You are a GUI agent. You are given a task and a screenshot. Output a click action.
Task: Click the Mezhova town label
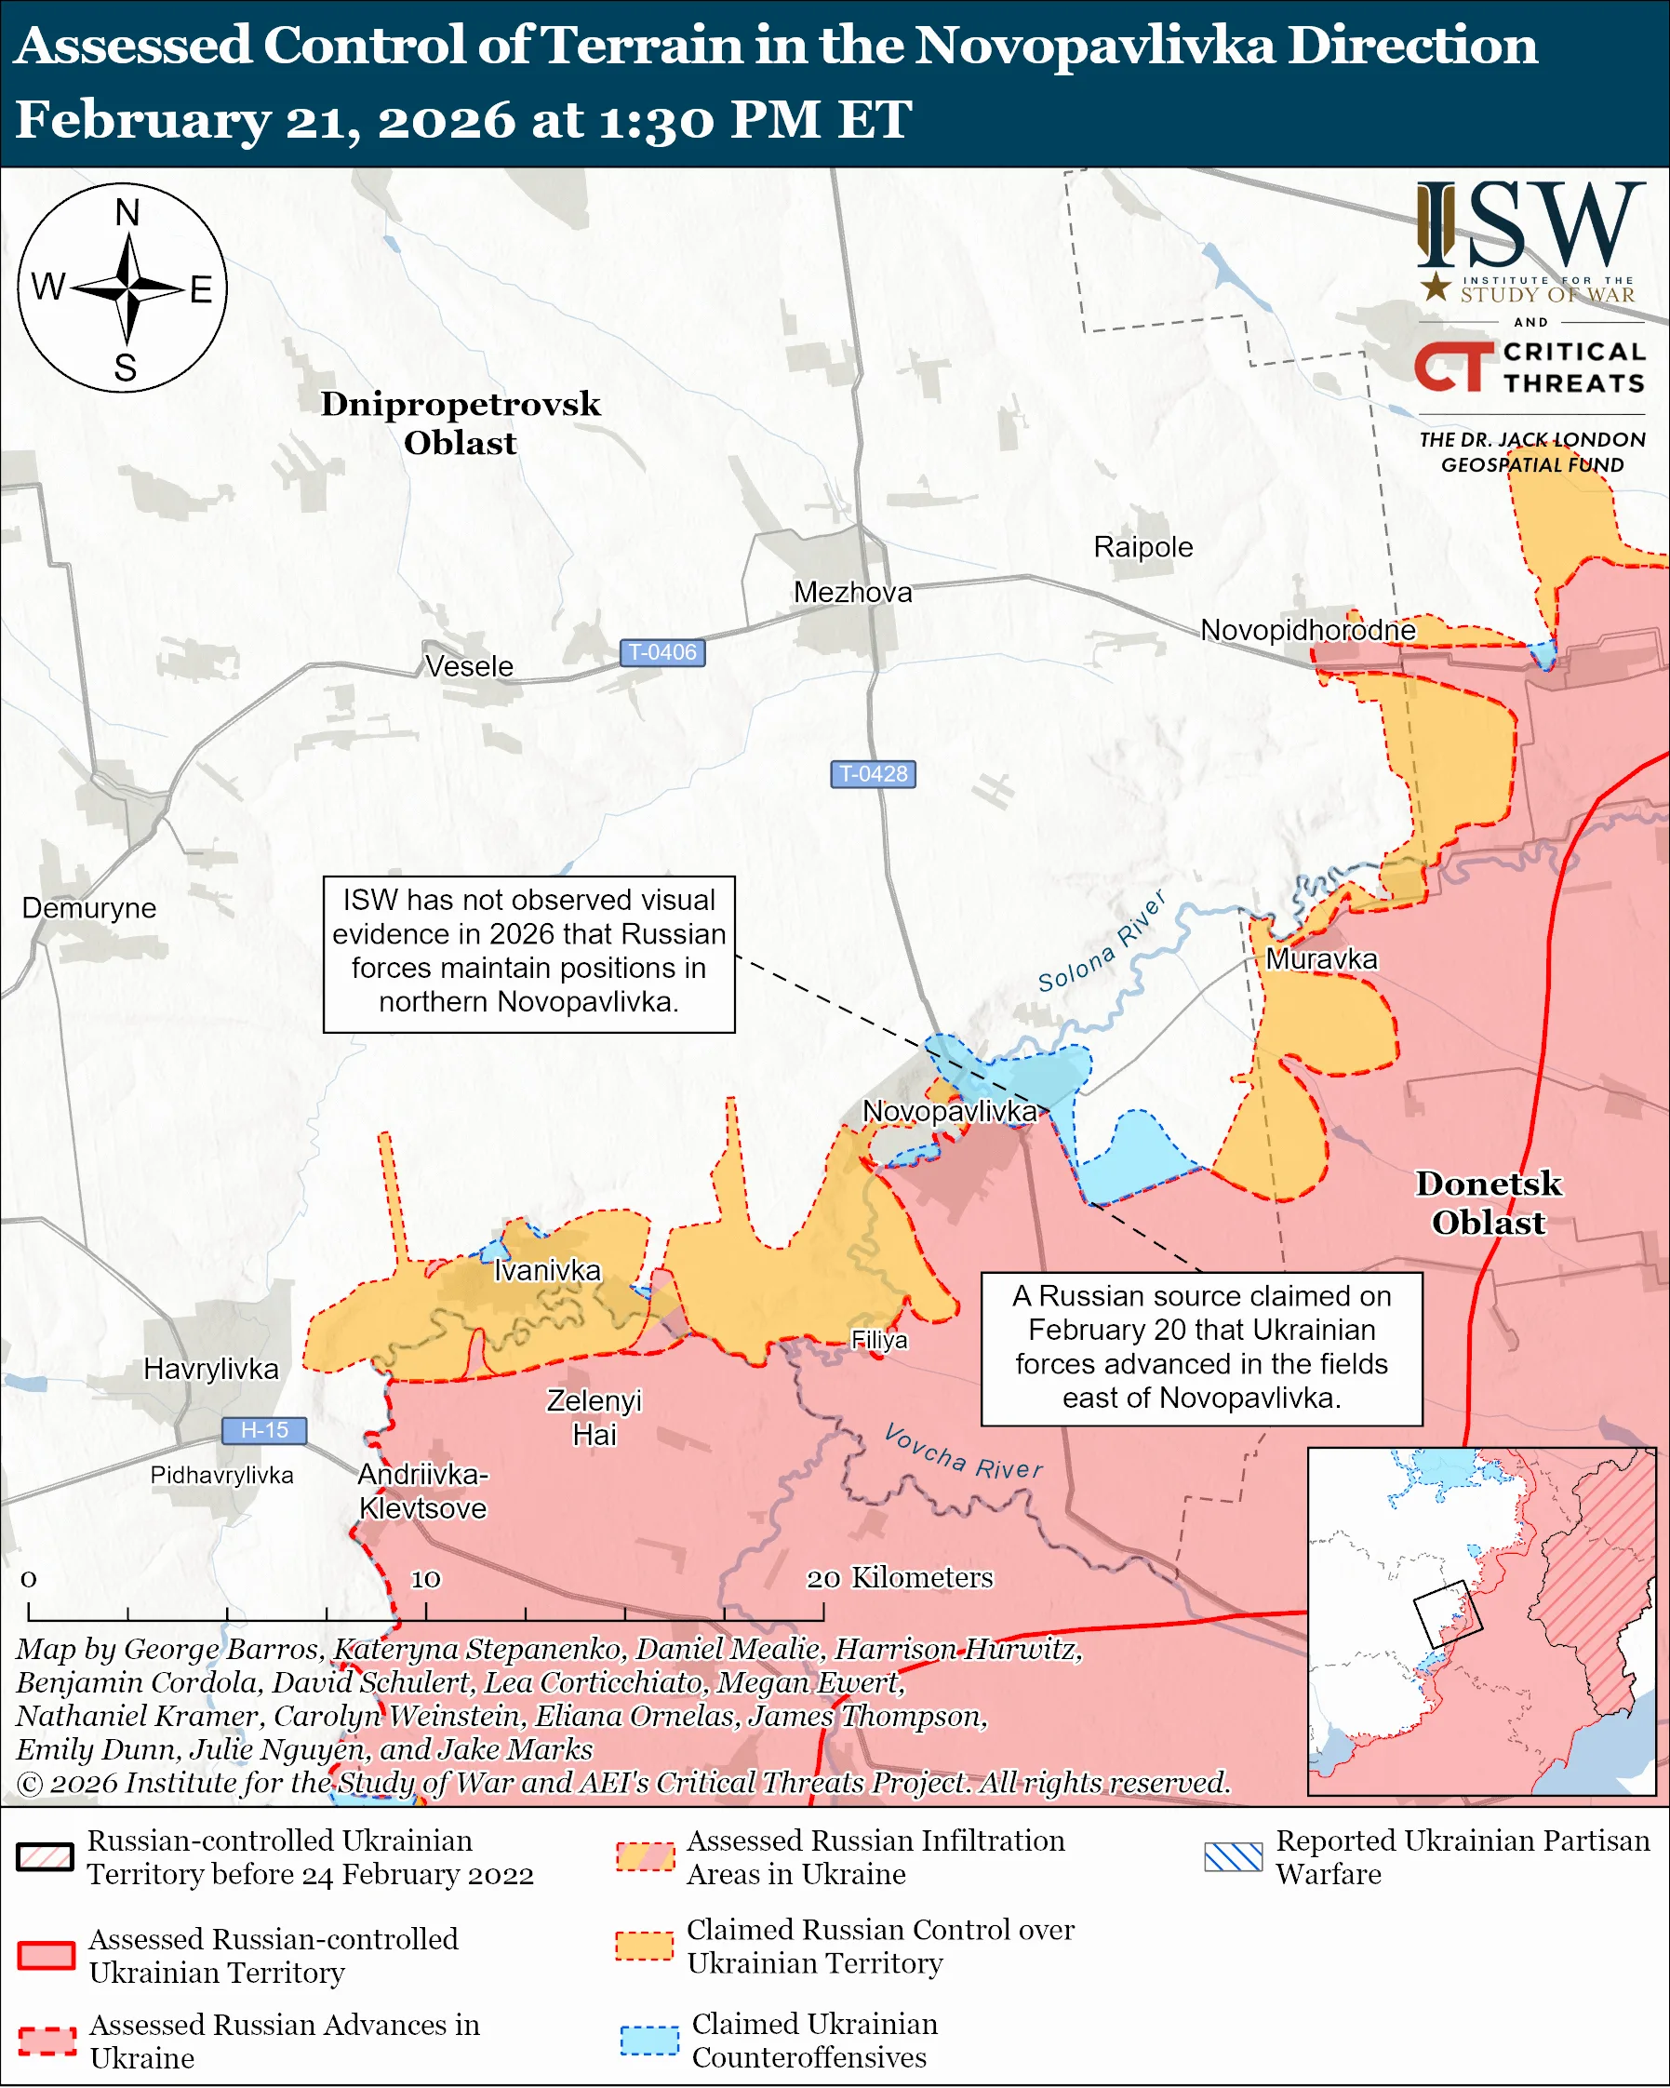852,592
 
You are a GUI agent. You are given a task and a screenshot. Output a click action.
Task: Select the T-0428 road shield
873,774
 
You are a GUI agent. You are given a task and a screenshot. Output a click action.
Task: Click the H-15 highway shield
264,1429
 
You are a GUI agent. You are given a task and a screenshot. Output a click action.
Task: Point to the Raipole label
1142,546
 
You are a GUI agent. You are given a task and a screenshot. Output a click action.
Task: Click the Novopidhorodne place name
1307,631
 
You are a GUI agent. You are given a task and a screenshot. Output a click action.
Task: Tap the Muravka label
1320,958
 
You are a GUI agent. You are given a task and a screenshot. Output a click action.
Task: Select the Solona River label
1102,943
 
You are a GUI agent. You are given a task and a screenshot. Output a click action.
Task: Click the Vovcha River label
963,1452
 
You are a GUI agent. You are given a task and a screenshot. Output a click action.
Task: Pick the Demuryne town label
89,907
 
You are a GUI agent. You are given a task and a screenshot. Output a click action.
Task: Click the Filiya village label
879,1339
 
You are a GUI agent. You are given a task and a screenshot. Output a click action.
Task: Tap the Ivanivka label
547,1270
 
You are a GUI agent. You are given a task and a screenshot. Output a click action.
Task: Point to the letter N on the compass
127,212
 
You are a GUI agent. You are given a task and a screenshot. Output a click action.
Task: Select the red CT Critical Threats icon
1453,367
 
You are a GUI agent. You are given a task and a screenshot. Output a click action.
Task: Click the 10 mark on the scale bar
425,1579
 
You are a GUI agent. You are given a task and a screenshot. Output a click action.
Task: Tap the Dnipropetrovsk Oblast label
460,422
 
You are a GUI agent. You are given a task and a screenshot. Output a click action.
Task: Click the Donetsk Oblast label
1488,1202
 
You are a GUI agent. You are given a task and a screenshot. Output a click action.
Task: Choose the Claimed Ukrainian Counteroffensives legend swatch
648,2040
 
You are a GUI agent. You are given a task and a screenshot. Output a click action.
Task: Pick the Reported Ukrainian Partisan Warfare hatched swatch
1233,1856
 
